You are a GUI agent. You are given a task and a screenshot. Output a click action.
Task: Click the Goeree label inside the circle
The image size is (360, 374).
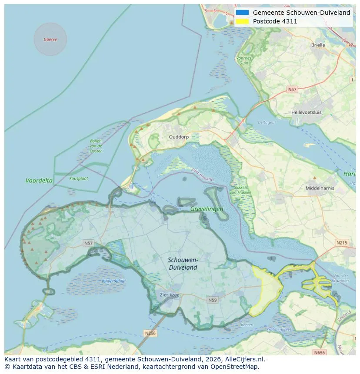click(50, 40)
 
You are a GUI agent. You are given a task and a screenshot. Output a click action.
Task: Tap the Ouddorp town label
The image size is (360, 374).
click(179, 136)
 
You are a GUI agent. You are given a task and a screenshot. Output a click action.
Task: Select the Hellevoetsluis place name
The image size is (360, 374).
click(307, 112)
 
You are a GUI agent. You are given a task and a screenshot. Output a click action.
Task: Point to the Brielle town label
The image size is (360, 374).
click(318, 45)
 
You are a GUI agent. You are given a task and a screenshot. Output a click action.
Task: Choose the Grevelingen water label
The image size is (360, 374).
click(207, 209)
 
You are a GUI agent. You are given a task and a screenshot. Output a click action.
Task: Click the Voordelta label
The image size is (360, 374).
click(39, 180)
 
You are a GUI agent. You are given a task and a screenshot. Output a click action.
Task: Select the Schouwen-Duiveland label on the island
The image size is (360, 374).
click(183, 264)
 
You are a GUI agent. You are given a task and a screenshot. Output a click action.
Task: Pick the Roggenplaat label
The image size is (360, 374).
click(114, 281)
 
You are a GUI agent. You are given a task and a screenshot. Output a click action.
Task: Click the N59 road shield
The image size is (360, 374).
click(213, 300)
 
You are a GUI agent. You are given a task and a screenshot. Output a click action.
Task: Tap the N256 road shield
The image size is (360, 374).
click(150, 333)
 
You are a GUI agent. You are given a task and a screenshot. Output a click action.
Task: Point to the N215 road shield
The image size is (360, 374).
click(341, 242)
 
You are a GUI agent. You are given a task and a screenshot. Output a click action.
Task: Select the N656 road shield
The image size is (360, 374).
click(320, 352)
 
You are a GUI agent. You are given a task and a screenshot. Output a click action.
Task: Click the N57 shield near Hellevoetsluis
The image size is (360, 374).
click(292, 89)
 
